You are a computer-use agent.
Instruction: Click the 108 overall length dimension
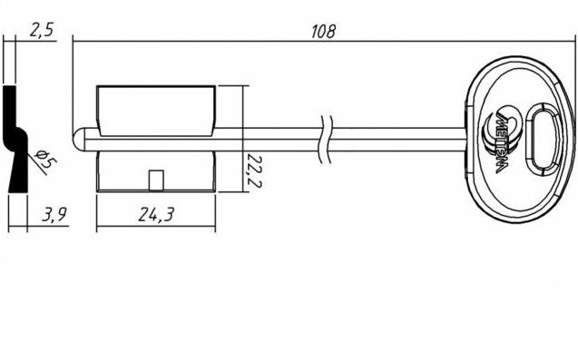(x=323, y=32)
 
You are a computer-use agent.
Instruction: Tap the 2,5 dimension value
(x=42, y=30)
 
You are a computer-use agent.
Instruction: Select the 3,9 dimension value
(x=55, y=214)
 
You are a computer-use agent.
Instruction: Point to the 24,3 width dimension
(x=156, y=214)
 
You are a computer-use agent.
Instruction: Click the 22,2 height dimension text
(x=254, y=171)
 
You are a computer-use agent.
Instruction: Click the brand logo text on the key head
(x=501, y=143)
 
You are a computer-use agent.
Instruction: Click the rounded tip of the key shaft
(x=79, y=140)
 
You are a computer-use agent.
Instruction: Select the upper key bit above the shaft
(x=156, y=111)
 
